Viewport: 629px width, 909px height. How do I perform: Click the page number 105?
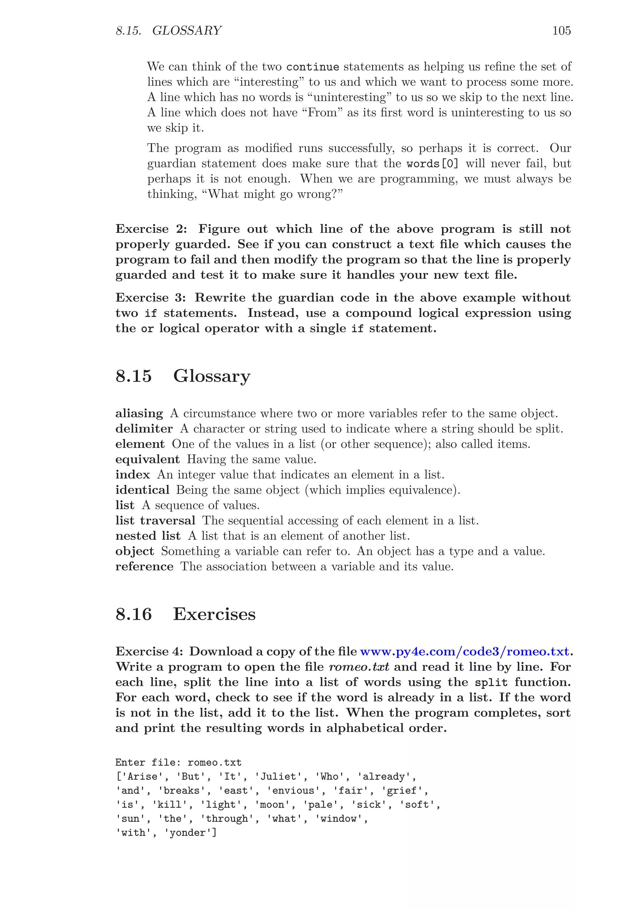coord(561,31)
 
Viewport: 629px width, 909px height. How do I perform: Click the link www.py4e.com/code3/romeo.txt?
coord(465,652)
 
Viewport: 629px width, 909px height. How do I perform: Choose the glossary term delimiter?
coord(144,429)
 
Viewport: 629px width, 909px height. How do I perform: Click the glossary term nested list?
coord(148,536)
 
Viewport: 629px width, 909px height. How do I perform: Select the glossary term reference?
coord(144,567)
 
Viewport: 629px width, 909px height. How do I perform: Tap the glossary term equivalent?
coord(147,460)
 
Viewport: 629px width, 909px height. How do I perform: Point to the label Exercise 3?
coord(150,298)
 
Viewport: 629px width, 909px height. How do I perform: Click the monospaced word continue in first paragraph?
coord(313,67)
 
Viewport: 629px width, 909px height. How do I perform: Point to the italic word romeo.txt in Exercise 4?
coord(359,667)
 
